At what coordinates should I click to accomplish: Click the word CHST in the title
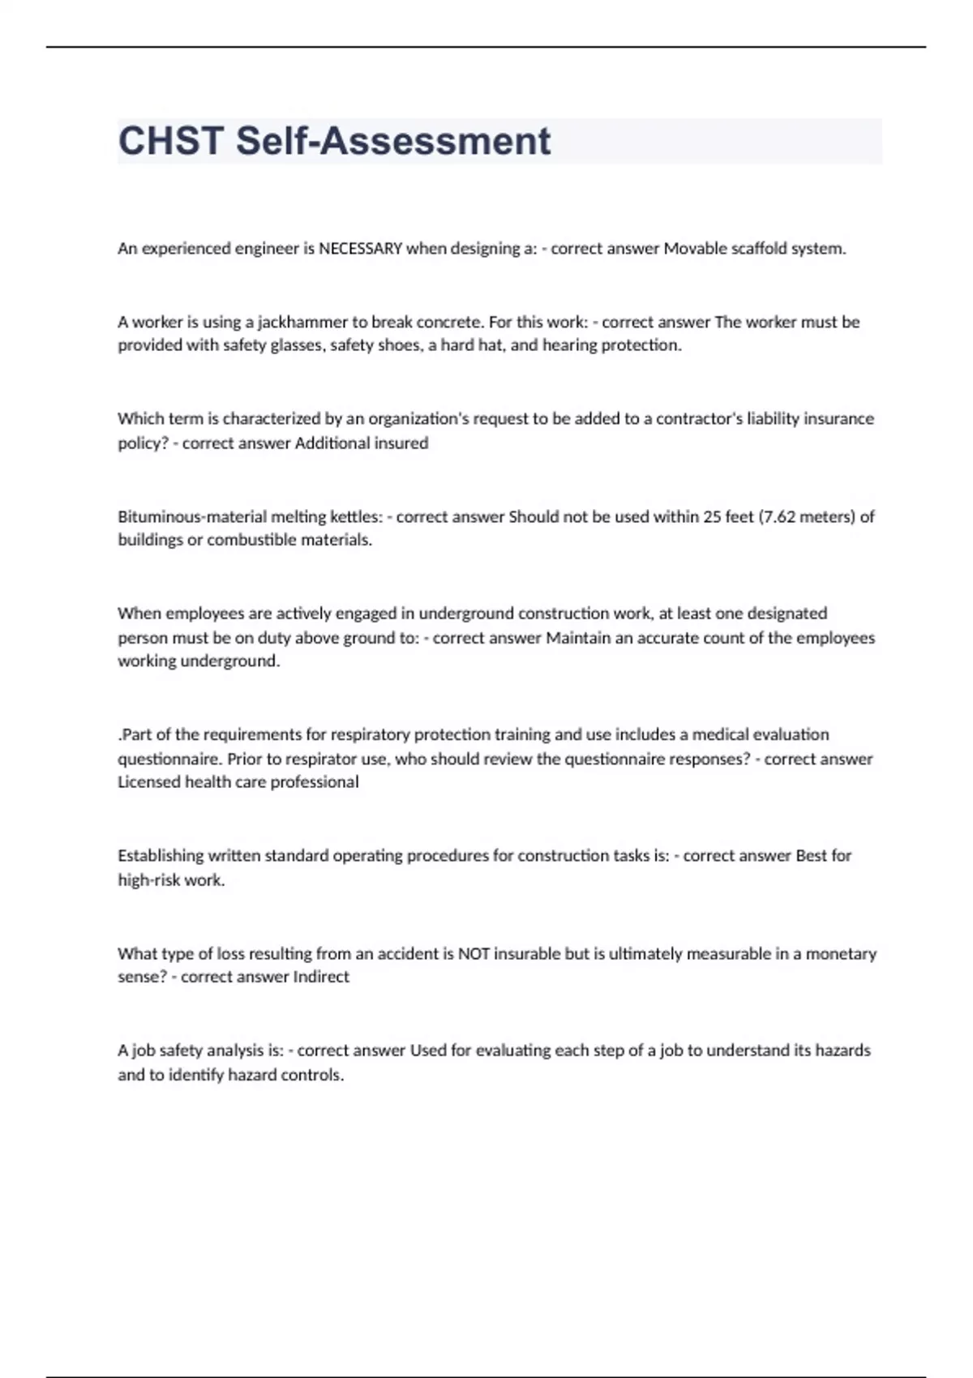[x=171, y=141]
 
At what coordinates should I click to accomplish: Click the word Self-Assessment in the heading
[x=393, y=141]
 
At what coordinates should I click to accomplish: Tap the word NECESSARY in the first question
[x=360, y=249]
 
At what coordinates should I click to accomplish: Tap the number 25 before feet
[x=712, y=516]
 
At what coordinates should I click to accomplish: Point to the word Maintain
[x=578, y=638]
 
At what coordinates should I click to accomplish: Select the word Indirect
[x=321, y=977]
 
